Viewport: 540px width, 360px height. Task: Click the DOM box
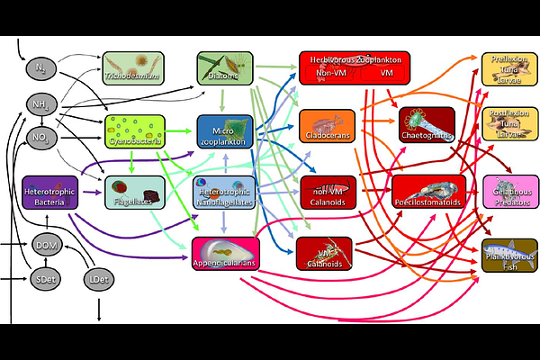(46, 244)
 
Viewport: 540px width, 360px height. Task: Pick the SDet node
(46, 281)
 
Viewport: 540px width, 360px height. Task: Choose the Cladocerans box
(327, 127)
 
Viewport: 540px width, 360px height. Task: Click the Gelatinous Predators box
(509, 191)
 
